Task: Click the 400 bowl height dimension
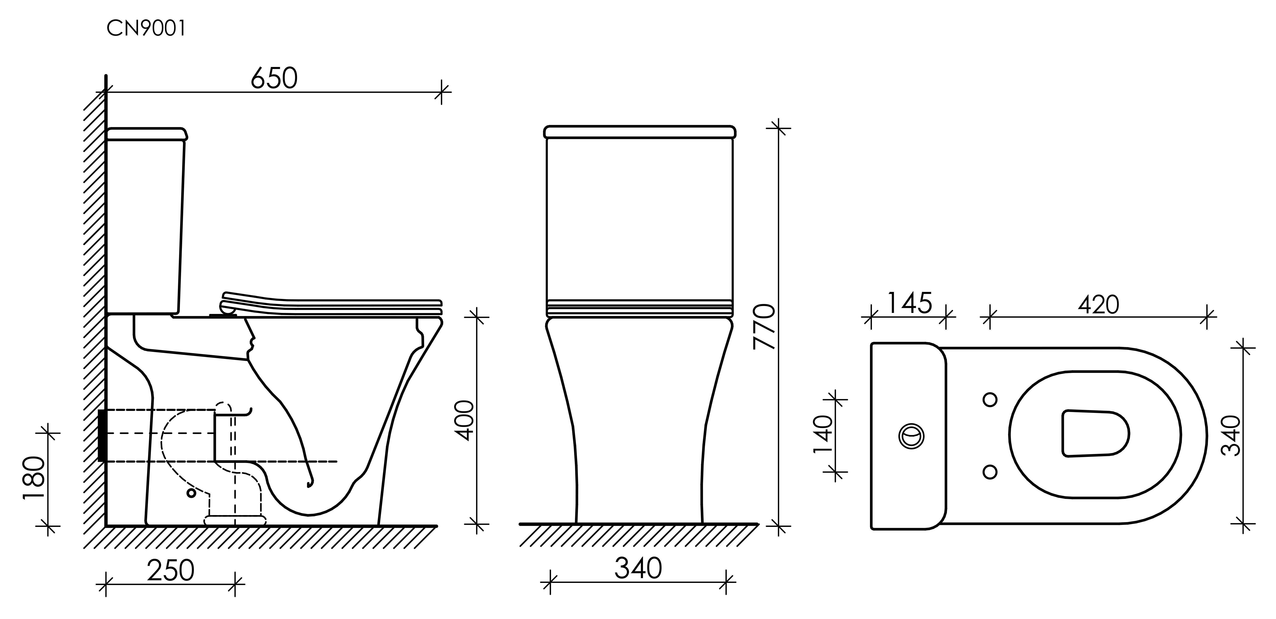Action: click(x=464, y=421)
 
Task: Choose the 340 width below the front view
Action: click(x=638, y=568)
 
